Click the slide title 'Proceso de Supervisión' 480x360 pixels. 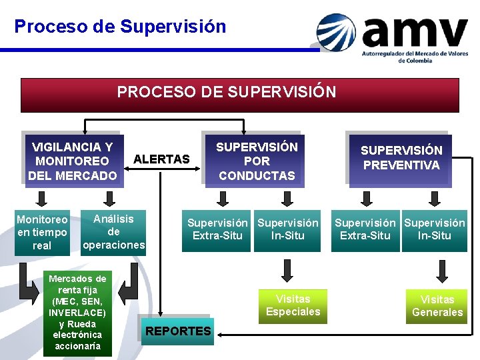[120, 27]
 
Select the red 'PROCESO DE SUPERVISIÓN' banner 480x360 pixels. [240, 95]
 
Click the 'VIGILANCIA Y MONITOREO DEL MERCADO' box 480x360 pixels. [72, 161]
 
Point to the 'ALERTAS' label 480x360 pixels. [161, 159]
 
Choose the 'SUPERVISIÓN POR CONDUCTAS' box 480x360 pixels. [257, 161]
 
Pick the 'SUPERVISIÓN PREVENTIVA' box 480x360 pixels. [401, 158]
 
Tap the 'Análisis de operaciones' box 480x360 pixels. [113, 232]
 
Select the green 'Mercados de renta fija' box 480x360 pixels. [77, 313]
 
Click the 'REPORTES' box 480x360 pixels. [178, 331]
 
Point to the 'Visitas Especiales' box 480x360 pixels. [293, 305]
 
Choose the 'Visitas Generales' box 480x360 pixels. [437, 306]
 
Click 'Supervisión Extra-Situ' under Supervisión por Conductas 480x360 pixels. [217, 229]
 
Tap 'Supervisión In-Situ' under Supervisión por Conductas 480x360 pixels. [288, 229]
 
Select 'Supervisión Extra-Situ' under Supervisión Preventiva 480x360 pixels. [365, 229]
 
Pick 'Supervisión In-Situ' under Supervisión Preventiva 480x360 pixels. [435, 229]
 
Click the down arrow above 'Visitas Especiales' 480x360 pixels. [288, 269]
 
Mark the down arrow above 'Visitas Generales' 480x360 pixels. [441, 269]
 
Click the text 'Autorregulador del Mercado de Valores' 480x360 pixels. [414, 53]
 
